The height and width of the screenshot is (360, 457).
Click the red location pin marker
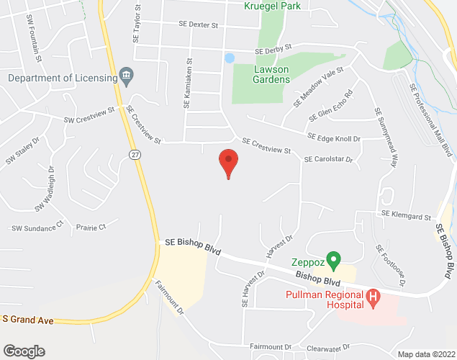point(228,163)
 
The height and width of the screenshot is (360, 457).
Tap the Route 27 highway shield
point(135,154)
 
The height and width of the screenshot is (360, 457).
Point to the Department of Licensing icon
point(126,74)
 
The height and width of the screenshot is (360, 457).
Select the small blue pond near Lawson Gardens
point(230,58)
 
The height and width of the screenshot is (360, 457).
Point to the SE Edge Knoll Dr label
point(333,137)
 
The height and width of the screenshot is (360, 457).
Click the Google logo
point(23,351)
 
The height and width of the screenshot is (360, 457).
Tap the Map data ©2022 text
point(426,354)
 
